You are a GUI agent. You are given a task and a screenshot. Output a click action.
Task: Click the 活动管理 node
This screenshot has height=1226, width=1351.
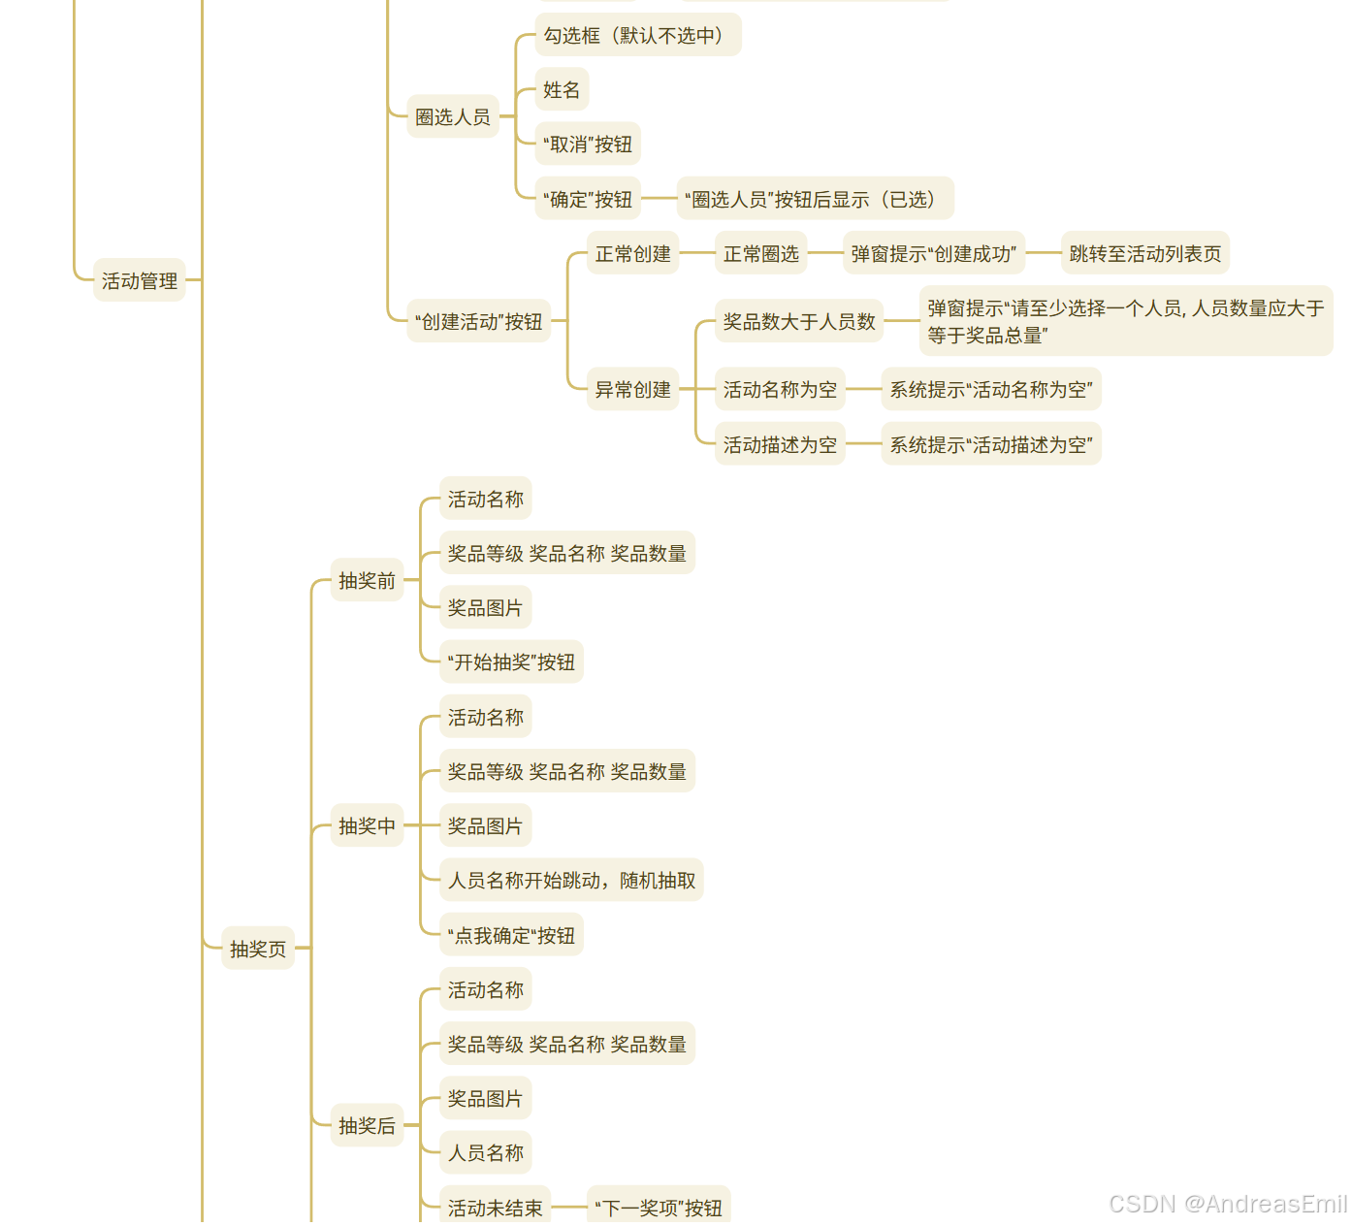tap(140, 280)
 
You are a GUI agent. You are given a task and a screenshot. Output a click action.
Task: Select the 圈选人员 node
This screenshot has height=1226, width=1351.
tap(453, 116)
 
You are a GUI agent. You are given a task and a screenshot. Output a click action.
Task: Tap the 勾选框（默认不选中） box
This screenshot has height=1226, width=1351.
tap(637, 35)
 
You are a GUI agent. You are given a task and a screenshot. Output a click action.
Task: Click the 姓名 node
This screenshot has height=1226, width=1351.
tap(562, 89)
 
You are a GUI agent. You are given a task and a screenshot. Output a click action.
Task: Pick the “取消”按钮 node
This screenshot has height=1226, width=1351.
tap(588, 144)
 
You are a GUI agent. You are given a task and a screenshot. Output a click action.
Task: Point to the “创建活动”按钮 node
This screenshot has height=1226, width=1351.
tap(478, 321)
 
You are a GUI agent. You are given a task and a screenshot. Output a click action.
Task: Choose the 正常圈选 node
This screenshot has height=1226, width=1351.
tap(761, 253)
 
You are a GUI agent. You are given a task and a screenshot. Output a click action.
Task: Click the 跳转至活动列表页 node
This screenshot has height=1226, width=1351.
tap(1145, 253)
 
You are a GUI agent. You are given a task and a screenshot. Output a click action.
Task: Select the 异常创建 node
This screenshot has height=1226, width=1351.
tap(632, 389)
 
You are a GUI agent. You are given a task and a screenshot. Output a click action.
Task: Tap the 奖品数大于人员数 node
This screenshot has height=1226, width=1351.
tap(799, 321)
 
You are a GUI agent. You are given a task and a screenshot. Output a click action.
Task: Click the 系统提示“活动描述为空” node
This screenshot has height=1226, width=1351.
tap(991, 444)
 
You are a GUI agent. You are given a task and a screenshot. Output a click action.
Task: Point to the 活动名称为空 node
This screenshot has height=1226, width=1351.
tap(780, 389)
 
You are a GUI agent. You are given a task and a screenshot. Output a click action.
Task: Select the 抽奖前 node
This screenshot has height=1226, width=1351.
tap(367, 580)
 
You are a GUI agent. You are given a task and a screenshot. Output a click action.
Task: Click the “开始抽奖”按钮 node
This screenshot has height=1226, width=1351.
tap(511, 661)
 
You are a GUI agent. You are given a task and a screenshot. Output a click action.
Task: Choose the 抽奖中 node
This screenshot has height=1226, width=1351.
tap(367, 825)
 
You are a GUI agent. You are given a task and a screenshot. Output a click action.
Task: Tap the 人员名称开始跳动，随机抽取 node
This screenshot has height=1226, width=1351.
tap(571, 880)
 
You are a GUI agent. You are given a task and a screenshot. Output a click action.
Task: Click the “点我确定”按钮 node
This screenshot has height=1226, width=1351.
tap(511, 935)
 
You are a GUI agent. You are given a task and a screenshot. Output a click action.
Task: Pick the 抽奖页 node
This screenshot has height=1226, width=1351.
tap(258, 948)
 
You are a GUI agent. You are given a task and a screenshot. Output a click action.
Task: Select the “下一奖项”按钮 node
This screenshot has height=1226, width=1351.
tap(659, 1208)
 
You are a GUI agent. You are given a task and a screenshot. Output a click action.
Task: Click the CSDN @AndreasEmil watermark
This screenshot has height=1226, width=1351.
tap(1227, 1204)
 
